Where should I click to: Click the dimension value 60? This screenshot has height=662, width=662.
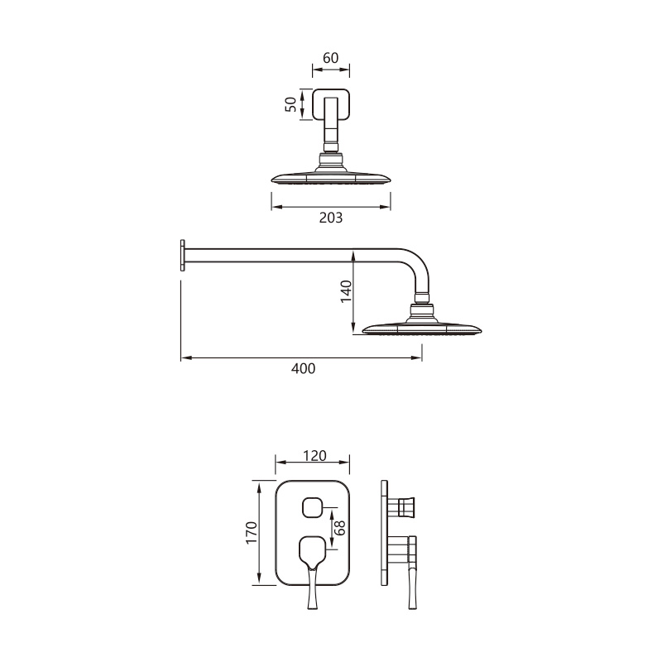[x=331, y=58]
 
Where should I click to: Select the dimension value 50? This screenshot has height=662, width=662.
[x=291, y=105]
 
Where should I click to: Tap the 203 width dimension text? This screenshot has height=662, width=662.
[x=331, y=218]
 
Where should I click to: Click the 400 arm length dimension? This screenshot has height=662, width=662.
[x=303, y=369]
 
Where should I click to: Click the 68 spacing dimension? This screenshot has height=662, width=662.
[x=338, y=527]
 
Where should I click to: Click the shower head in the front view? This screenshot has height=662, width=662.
[x=331, y=177]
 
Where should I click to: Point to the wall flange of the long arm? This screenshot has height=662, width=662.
[x=181, y=255]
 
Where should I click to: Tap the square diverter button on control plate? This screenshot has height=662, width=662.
[x=312, y=506]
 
